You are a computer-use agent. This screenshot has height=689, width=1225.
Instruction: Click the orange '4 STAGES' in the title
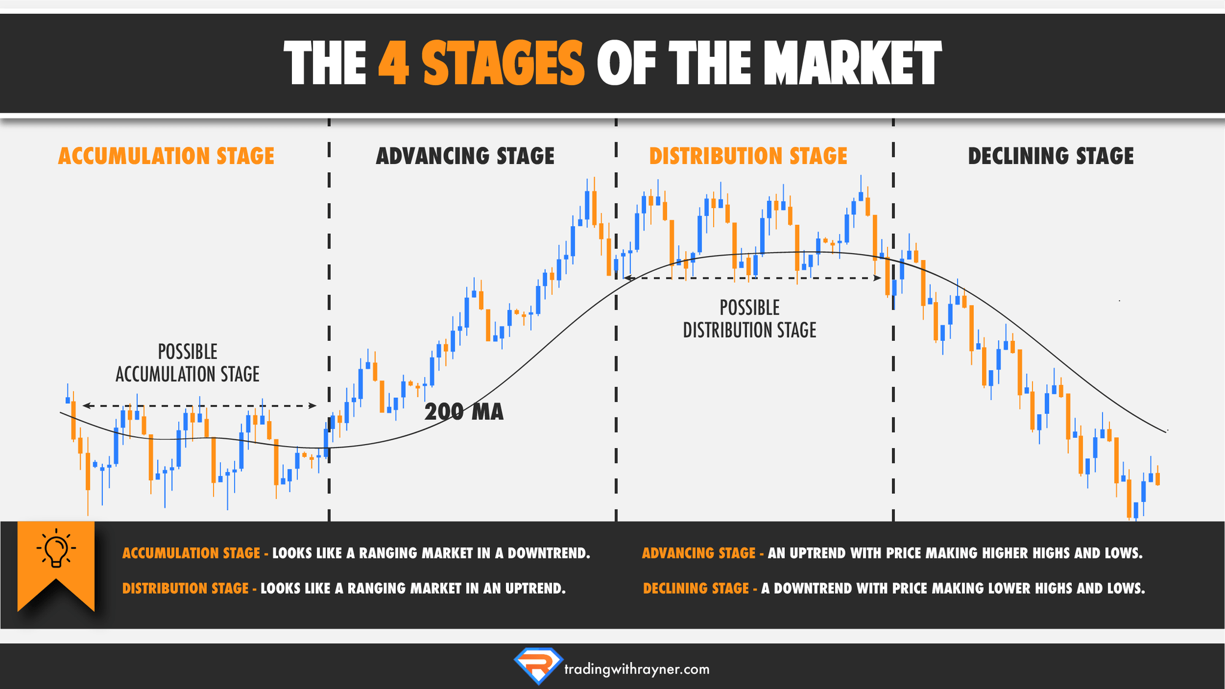pyautogui.click(x=481, y=63)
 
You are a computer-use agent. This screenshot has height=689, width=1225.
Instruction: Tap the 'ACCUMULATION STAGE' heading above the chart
pyautogui.click(x=166, y=156)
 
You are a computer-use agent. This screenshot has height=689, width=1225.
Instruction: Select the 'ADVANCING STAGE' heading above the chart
pyautogui.click(x=465, y=156)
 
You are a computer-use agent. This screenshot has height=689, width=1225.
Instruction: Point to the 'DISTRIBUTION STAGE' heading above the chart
pyautogui.click(x=748, y=156)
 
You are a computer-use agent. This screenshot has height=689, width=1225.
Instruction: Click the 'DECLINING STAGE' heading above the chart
pyautogui.click(x=1050, y=156)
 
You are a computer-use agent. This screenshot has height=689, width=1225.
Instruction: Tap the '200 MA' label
pyautogui.click(x=464, y=412)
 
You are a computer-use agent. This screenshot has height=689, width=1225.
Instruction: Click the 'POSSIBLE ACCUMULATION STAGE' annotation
pyautogui.click(x=187, y=363)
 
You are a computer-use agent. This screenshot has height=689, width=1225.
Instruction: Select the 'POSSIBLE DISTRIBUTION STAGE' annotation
pyautogui.click(x=749, y=319)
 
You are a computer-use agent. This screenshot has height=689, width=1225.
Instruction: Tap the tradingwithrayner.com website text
pyautogui.click(x=636, y=669)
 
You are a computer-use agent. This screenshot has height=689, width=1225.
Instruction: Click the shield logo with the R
pyautogui.click(x=538, y=665)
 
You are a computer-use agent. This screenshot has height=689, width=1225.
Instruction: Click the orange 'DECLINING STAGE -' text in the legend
pyautogui.click(x=699, y=589)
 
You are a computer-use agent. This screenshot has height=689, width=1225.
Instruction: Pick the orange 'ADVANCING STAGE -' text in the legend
pyautogui.click(x=702, y=553)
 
